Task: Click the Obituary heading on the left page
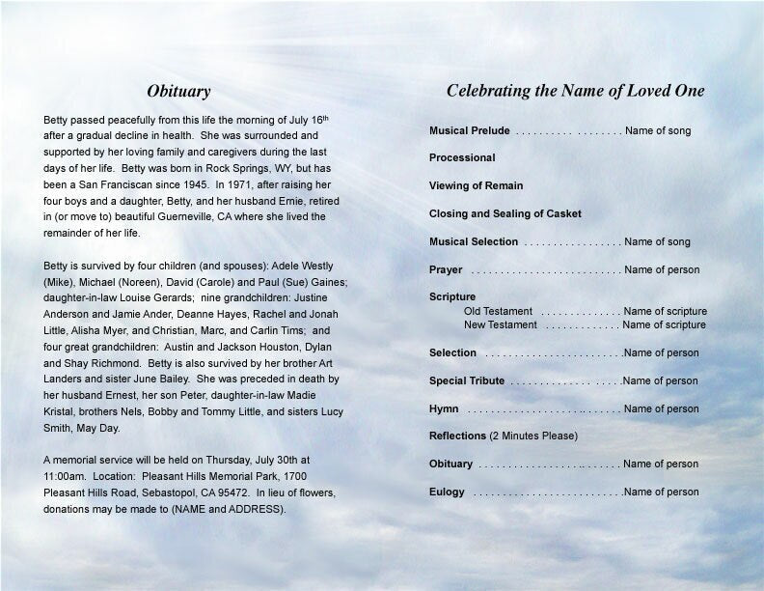tap(178, 92)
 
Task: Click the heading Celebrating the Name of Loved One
tap(575, 92)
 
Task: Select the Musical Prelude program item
tap(470, 130)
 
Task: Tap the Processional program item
tap(462, 157)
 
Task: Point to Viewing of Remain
tap(477, 185)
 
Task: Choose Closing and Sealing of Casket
tap(505, 213)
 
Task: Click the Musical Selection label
tap(474, 241)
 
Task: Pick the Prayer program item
tap(446, 269)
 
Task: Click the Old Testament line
tap(498, 311)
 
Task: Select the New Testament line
tap(500, 324)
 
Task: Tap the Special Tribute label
tap(467, 380)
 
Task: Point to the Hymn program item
tap(444, 408)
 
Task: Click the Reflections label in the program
tap(458, 436)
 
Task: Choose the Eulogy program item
tap(447, 492)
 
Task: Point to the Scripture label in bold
tap(452, 296)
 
